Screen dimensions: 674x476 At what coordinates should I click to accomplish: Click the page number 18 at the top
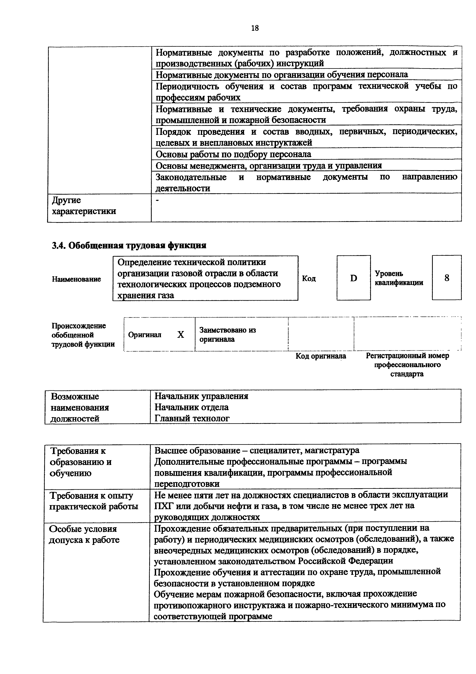pyautogui.click(x=255, y=28)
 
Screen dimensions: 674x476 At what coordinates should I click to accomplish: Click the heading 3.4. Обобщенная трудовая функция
pyautogui.click(x=129, y=245)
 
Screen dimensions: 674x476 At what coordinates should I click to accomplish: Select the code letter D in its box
pyautogui.click(x=354, y=278)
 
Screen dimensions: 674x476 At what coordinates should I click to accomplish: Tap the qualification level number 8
pyautogui.click(x=447, y=278)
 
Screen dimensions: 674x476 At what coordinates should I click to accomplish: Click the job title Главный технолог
pyautogui.click(x=192, y=418)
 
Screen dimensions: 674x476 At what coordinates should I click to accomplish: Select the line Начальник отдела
pyautogui.click(x=191, y=407)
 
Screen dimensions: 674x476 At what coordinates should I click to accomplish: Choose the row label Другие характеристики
pyautogui.click(x=84, y=206)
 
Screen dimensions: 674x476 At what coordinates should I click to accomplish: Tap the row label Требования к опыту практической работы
pyautogui.click(x=94, y=501)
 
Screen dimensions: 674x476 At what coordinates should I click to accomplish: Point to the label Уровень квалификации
pyautogui.click(x=399, y=278)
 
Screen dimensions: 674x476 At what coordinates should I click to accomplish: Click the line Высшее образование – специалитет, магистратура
pyautogui.click(x=257, y=451)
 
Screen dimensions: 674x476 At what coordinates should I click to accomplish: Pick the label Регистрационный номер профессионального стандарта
pyautogui.click(x=407, y=365)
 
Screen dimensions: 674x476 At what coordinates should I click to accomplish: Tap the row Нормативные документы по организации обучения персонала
pyautogui.click(x=281, y=75)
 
